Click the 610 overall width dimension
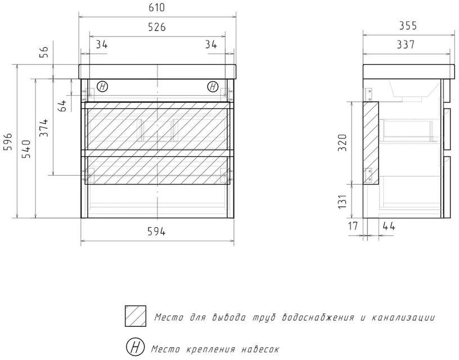tap(156, 7)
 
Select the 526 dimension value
tap(156, 27)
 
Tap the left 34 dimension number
tap(102, 44)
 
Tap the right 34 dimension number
tap(211, 44)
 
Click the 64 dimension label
tap(62, 106)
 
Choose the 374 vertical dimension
tap(44, 128)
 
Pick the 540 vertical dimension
tap(26, 149)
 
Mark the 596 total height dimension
tap(8, 142)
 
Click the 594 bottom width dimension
tap(156, 232)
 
